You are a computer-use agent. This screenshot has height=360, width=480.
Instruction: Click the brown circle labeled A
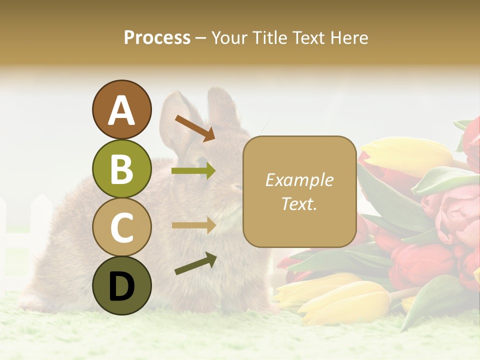point(121,109)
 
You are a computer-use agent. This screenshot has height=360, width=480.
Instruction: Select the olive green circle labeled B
point(121,168)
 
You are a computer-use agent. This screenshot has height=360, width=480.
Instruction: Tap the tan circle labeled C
point(121,227)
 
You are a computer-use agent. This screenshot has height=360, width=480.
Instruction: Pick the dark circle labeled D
point(121,285)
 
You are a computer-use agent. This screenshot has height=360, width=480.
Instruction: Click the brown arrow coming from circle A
point(195,128)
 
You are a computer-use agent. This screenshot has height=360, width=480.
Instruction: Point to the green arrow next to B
point(193,171)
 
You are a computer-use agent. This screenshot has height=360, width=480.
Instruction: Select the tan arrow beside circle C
point(193,225)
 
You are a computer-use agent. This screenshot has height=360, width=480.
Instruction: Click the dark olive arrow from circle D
point(195,263)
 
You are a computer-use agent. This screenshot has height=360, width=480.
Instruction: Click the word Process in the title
point(157,38)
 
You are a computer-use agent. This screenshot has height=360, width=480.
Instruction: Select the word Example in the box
point(299,180)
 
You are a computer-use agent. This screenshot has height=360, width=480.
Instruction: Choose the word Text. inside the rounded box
point(299,203)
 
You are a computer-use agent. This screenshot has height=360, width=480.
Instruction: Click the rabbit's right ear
point(222,110)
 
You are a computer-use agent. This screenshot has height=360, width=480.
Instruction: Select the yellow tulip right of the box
point(405,155)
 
